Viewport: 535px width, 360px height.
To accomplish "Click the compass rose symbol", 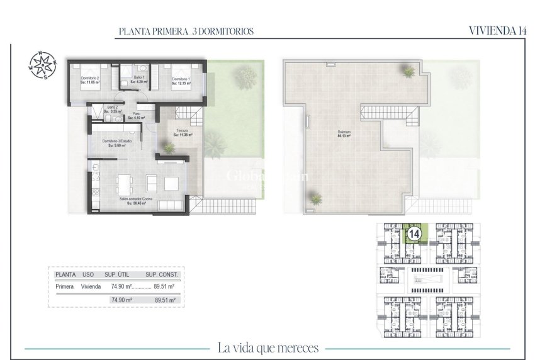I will point(42,65).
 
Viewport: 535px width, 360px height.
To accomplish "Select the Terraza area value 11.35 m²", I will point(183,135).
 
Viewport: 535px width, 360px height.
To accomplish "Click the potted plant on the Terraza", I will point(169,148).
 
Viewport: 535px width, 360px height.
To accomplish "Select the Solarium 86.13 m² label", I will point(343,134).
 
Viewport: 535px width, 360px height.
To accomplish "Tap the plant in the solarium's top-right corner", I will point(408,70).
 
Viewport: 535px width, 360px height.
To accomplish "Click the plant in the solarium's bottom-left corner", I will point(315,200).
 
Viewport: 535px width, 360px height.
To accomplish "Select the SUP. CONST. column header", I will point(162,275).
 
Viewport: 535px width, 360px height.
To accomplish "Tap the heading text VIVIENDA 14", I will point(497,30).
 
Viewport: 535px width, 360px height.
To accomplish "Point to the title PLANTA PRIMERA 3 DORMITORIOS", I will point(186,31).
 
